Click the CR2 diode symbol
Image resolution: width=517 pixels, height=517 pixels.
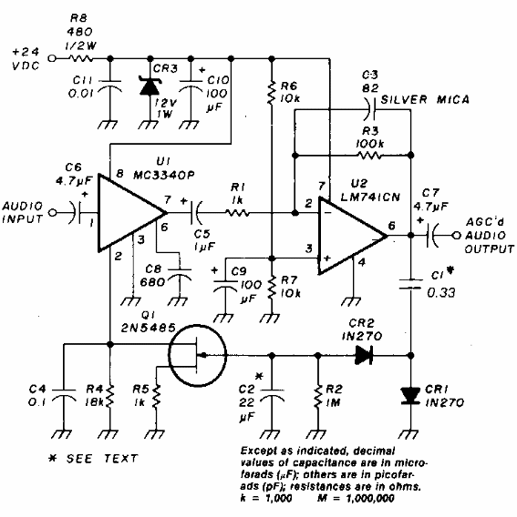(364, 356)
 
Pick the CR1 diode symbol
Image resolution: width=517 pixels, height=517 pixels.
(411, 396)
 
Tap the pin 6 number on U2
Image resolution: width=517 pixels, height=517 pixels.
(391, 225)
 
